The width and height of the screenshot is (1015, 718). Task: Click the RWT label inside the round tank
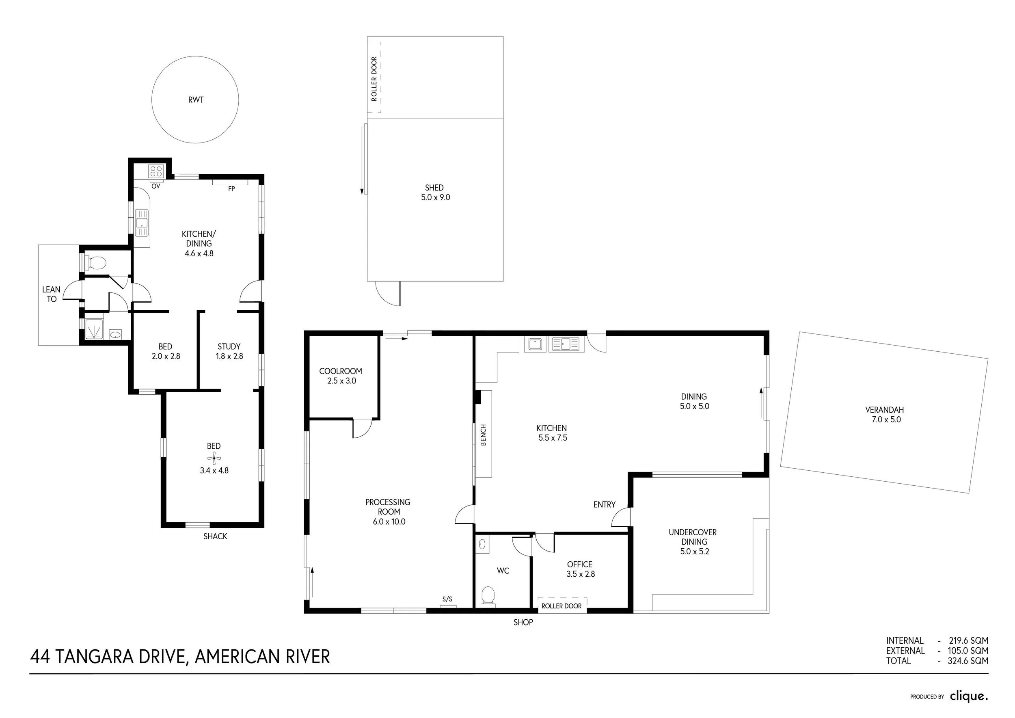click(196, 100)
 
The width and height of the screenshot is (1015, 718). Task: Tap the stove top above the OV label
click(156, 171)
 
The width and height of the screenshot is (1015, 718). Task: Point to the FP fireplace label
click(231, 189)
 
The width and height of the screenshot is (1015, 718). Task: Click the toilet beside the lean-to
click(96, 264)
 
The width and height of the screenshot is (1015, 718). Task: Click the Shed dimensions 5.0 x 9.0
click(436, 198)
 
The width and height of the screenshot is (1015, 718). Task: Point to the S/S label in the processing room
click(447, 599)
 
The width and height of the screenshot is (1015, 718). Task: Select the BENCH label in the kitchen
click(483, 435)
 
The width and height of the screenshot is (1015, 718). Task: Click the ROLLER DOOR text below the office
click(561, 606)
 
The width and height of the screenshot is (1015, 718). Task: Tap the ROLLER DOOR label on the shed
click(374, 79)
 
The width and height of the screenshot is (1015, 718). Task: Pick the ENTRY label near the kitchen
click(604, 505)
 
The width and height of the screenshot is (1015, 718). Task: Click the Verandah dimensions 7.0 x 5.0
click(886, 420)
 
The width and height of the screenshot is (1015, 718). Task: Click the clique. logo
click(969, 697)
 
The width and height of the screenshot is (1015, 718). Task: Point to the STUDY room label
click(229, 347)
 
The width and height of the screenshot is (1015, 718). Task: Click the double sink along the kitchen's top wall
click(566, 344)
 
